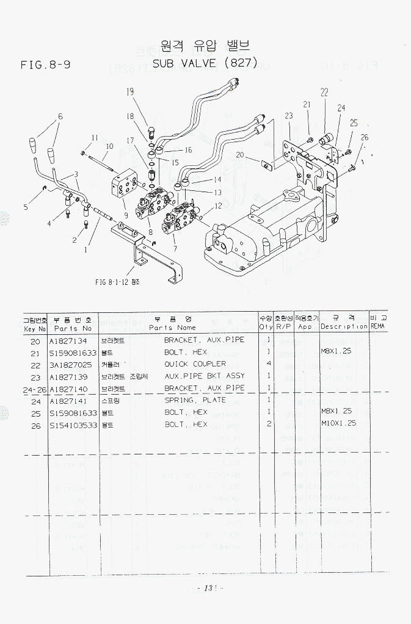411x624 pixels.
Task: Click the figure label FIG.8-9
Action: pyautogui.click(x=45, y=64)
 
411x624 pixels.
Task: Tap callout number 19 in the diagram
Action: pyautogui.click(x=130, y=92)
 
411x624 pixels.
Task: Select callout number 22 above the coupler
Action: pyautogui.click(x=324, y=93)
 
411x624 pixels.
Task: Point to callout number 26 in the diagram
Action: pyautogui.click(x=365, y=138)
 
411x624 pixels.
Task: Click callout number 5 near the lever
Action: pyautogui.click(x=26, y=207)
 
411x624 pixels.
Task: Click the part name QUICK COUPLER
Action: pyautogui.click(x=195, y=364)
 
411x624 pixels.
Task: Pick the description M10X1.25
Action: pyautogui.click(x=338, y=423)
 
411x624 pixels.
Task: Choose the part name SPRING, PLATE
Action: pyautogui.click(x=195, y=400)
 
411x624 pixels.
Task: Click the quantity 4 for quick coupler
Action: pyautogui.click(x=269, y=364)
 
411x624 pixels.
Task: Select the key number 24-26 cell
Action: pyautogui.click(x=34, y=388)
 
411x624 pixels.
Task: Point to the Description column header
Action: pyautogui.click(x=344, y=326)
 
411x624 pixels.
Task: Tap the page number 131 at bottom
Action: pyautogui.click(x=208, y=588)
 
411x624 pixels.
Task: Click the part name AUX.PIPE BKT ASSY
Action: pyautogui.click(x=205, y=376)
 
